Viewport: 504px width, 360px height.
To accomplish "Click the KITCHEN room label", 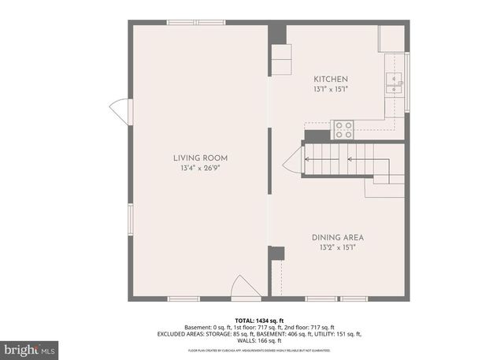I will coord(331,80).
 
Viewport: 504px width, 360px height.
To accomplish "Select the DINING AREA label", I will coord(337,237).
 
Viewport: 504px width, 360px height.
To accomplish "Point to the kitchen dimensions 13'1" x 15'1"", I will coord(331,90).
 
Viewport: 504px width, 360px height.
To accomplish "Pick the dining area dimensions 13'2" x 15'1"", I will coord(337,247).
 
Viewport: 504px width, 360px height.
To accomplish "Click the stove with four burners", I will coord(343,130).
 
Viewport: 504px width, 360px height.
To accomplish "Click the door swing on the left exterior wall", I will coord(119,112).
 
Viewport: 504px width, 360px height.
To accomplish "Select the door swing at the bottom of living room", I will coord(249,287).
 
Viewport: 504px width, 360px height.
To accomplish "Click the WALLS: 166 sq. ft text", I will coord(253,340).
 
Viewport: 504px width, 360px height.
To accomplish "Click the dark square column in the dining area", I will coord(276,253).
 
